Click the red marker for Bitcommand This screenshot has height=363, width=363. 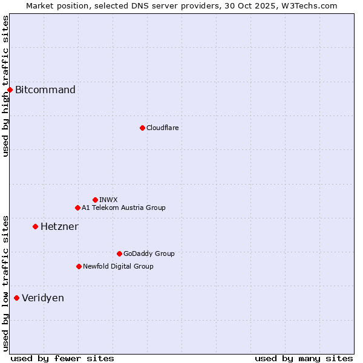click(x=10, y=90)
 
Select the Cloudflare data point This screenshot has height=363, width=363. click(x=142, y=128)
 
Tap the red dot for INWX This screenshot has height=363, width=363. click(x=95, y=200)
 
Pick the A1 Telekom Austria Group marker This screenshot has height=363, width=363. click(x=77, y=208)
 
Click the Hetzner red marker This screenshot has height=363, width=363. click(x=35, y=226)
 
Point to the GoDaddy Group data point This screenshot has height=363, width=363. click(x=119, y=253)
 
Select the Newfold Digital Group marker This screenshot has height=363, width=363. click(x=79, y=266)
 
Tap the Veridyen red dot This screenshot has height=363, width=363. click(x=16, y=298)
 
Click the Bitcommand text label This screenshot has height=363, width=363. click(x=45, y=90)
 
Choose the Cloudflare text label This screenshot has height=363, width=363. click(x=162, y=128)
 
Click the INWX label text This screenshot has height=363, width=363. click(x=108, y=200)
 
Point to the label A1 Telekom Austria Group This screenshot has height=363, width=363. click(x=123, y=208)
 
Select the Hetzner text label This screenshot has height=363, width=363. click(x=59, y=226)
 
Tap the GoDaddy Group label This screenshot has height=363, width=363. click(x=149, y=253)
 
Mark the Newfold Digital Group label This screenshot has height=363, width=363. click(x=118, y=266)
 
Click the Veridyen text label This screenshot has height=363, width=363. click(x=43, y=298)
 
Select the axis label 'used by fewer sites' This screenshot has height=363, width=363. click(x=62, y=358)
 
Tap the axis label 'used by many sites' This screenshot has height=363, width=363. click(x=304, y=358)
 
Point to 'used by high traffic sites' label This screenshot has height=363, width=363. click(x=5, y=86)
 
